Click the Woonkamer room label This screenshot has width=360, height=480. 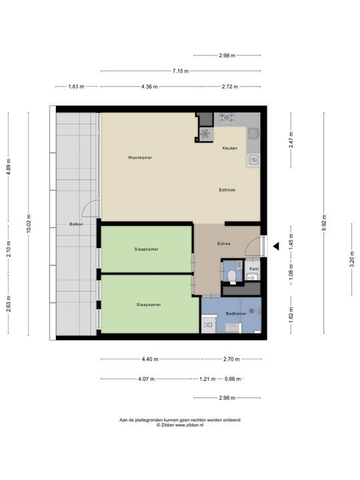[x=141, y=157]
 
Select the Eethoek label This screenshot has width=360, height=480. [x=227, y=190]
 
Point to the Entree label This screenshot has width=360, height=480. [x=223, y=244]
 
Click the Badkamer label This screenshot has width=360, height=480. [x=236, y=313]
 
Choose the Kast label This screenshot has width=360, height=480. [x=253, y=269]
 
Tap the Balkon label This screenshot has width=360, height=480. [x=76, y=225]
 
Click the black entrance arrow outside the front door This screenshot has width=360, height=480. [x=273, y=247]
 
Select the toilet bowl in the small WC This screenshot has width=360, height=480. [x=231, y=274]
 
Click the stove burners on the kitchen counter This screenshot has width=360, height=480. [x=226, y=118]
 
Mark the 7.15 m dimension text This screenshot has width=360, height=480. [x=180, y=71]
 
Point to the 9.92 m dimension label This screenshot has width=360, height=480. [x=325, y=221]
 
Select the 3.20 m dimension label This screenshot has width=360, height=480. [x=352, y=258]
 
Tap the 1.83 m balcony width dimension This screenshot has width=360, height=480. [x=76, y=87]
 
